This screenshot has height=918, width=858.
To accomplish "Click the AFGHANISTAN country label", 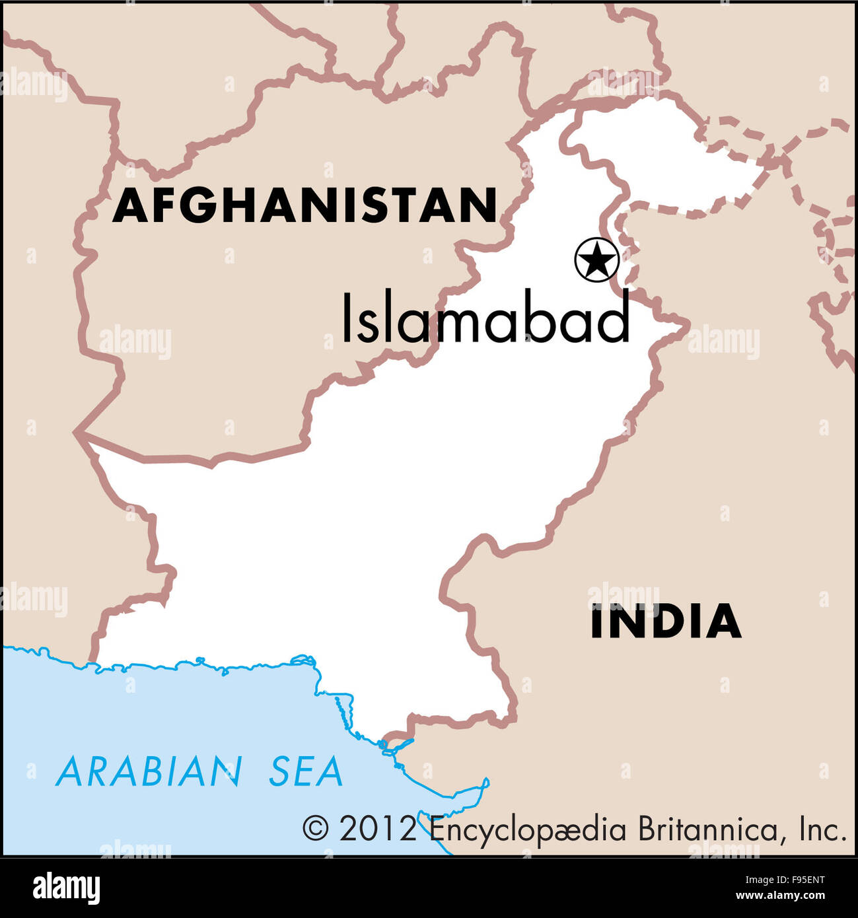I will (304, 205).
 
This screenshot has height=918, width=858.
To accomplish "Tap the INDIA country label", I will (665, 621).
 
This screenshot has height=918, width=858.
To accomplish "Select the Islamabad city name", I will (485, 318).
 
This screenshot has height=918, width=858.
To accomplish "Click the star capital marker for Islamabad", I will (596, 260).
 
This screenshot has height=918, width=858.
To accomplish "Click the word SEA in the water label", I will (306, 771).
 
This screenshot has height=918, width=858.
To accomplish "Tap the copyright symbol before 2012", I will (315, 828).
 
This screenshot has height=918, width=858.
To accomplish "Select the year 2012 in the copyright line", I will (378, 828).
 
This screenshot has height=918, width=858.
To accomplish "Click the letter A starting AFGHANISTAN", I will (129, 205).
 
